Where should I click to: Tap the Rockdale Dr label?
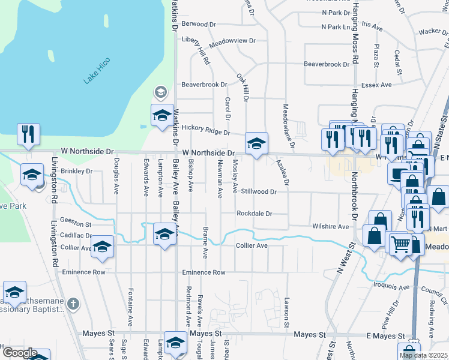click(x=254, y=214)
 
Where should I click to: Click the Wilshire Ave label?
click(x=330, y=227)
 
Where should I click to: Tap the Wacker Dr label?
click(x=429, y=31)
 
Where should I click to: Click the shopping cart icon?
click(x=400, y=244)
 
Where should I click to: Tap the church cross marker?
click(x=73, y=304)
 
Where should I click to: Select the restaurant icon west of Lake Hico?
click(x=28, y=134)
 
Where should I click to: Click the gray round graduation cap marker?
click(x=160, y=92)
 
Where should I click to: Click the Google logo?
click(x=19, y=353)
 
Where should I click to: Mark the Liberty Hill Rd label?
click(x=195, y=50)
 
